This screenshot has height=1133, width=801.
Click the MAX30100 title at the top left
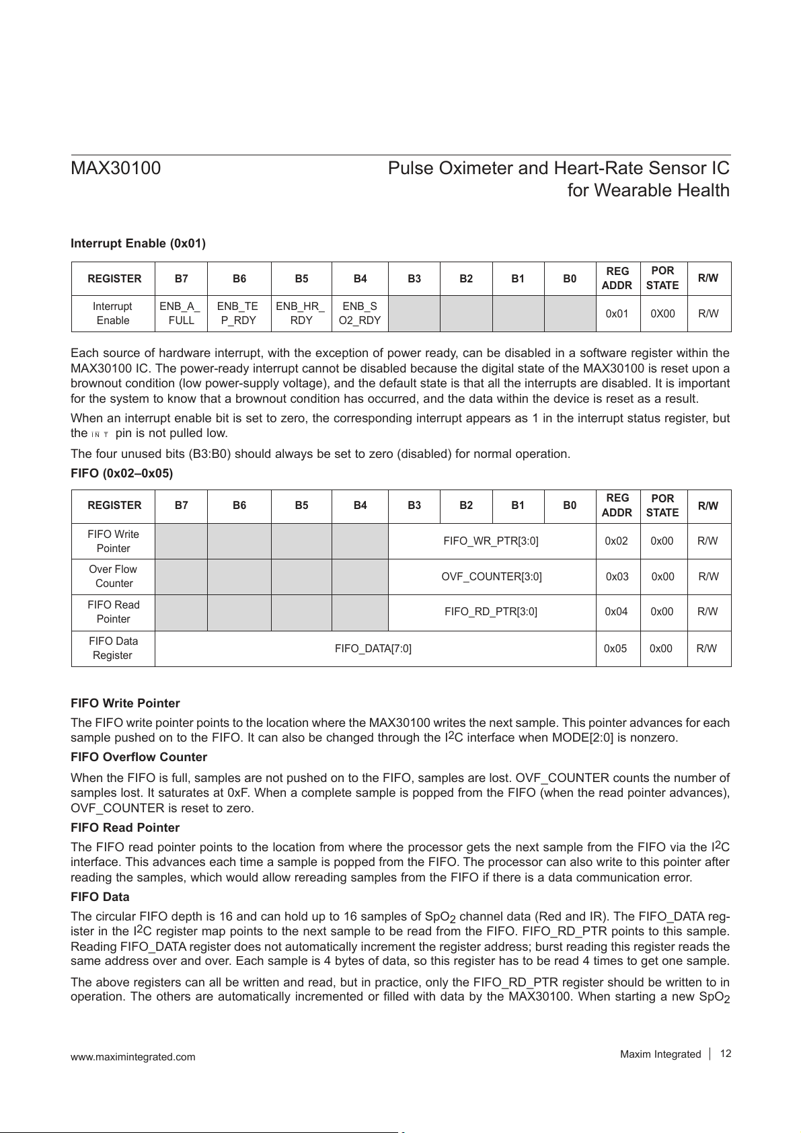point(116,168)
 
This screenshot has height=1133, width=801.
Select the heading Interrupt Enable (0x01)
point(138,243)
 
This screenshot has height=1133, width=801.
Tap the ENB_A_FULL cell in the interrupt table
point(180,313)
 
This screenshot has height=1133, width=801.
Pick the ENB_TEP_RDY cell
point(239,313)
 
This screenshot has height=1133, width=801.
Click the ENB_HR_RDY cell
point(301,313)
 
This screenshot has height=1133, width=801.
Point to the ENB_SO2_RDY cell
point(359,313)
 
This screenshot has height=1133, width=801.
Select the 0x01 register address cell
point(617,314)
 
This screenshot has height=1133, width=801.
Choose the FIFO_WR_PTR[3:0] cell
point(491,541)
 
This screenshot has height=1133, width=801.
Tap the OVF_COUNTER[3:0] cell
point(491,576)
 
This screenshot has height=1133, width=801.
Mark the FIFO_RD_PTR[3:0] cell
point(491,612)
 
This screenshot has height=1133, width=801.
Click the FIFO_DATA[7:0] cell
point(373,648)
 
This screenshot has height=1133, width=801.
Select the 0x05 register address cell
point(617,648)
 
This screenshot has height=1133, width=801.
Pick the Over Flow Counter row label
point(113,576)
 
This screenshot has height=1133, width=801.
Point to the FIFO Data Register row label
point(113,648)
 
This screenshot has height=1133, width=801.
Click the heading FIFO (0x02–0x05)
point(122,473)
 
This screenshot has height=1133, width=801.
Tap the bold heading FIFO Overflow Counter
point(139,757)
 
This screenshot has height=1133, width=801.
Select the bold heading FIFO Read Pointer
point(125,828)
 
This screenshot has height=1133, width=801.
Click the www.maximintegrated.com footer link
point(133,1057)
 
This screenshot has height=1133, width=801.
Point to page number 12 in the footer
point(725,1054)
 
